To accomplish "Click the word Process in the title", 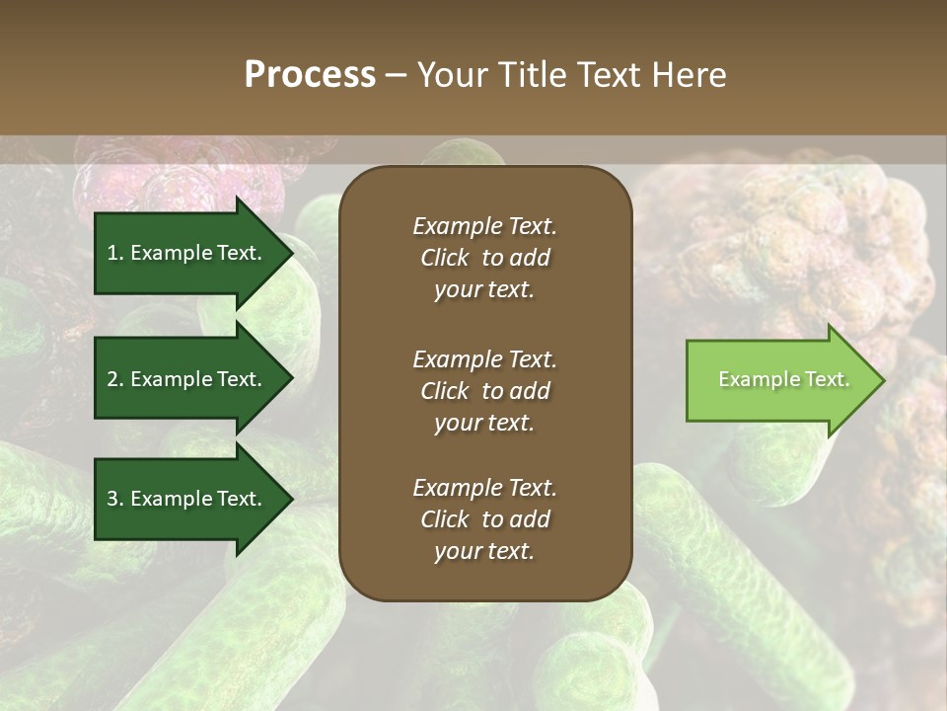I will pyautogui.click(x=310, y=75).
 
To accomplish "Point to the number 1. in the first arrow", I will pyautogui.click(x=115, y=253).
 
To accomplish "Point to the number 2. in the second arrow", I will pyautogui.click(x=115, y=379).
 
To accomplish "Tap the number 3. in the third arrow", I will pyautogui.click(x=115, y=500).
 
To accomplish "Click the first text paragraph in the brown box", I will pyautogui.click(x=484, y=258).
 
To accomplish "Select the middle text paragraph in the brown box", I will pyautogui.click(x=484, y=391).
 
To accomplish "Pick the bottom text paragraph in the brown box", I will pyautogui.click(x=484, y=519).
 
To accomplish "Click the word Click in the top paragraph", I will pyautogui.click(x=444, y=258).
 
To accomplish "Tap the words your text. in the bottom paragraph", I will pyautogui.click(x=484, y=552).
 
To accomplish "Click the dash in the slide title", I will pyautogui.click(x=396, y=75).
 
